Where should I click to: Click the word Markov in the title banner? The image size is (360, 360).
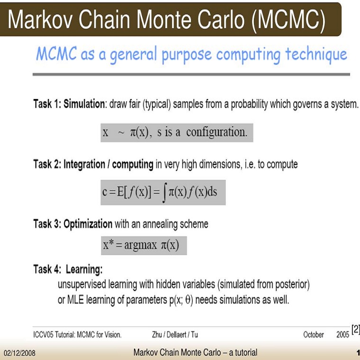[40, 19]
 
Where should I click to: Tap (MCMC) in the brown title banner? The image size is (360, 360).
[288, 21]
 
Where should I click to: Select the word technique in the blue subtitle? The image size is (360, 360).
[316, 54]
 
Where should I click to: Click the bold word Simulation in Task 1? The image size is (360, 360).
[84, 104]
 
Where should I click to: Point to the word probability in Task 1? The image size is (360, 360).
[249, 104]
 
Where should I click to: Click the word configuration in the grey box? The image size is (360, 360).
[217, 133]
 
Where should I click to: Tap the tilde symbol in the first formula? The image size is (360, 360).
[121, 133]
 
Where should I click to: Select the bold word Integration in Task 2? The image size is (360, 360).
[84, 165]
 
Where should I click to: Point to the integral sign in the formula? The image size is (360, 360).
[164, 193]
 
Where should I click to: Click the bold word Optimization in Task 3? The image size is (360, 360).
[88, 224]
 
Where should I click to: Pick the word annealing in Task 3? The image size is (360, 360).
[160, 225]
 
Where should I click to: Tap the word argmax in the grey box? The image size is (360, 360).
[141, 245]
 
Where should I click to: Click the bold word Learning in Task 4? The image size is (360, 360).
[84, 270]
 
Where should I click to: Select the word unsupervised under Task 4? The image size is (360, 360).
[82, 285]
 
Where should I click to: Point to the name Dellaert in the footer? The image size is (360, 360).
[176, 335]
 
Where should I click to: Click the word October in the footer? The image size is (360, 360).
[314, 335]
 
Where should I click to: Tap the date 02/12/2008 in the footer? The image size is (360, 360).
[20, 353]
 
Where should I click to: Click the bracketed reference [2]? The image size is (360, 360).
[355, 330]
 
